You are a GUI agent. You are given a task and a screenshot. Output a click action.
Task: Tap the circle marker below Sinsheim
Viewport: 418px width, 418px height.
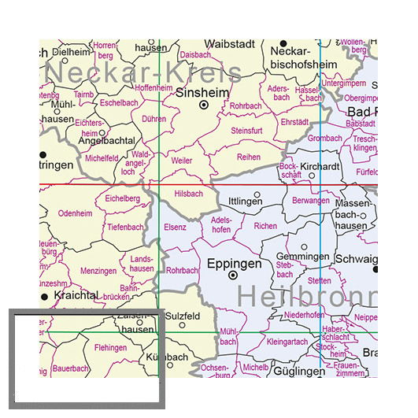pos(203,105)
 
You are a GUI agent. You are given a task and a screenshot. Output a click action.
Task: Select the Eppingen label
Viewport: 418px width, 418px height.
pos(234,264)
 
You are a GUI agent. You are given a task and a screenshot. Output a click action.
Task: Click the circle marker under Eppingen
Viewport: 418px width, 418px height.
pos(233,276)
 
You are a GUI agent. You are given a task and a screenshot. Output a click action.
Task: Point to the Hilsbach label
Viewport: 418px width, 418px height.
pos(187,193)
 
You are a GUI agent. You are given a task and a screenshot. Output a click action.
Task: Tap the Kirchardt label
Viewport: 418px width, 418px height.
pos(319,168)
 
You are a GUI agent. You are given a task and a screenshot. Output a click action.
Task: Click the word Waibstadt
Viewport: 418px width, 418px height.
pos(230,44)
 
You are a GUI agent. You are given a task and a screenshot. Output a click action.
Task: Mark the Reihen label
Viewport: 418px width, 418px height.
pos(249,157)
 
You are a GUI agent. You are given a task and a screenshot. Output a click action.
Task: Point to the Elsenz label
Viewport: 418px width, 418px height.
pos(176,227)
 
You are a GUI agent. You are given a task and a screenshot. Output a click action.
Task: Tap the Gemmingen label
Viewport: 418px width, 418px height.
pos(303,257)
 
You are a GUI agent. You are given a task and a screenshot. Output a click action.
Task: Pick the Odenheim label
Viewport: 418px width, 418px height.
pos(76,213)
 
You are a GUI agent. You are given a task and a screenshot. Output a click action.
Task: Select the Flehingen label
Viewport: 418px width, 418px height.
pos(110,347)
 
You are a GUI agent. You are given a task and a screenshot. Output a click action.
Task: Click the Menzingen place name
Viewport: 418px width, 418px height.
pos(98,271)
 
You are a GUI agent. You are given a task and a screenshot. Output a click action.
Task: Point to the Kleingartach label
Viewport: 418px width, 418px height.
pos(288,343)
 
